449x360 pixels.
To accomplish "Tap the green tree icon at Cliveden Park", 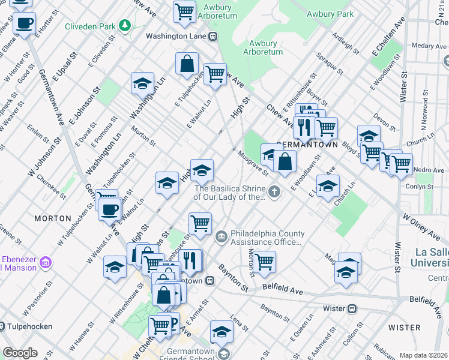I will [124, 25].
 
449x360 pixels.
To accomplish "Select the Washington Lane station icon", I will [212, 36].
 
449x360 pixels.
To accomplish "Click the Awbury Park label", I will [330, 13].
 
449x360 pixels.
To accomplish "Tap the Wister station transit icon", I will [353, 308].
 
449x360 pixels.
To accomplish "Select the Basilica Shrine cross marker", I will [274, 192].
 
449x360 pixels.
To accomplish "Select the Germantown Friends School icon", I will [223, 354].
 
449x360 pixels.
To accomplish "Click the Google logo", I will [20, 353].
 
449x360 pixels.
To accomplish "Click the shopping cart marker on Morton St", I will [264, 262].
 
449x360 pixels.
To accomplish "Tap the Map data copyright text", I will [423, 355].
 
